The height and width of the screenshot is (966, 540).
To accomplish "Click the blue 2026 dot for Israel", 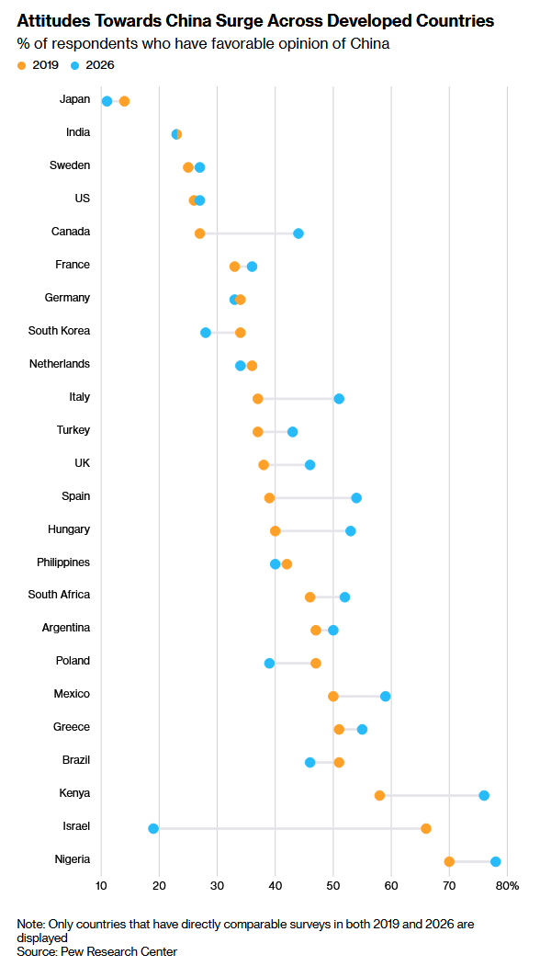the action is pos(153,829).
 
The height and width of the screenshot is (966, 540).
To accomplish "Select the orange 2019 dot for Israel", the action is pos(426,829).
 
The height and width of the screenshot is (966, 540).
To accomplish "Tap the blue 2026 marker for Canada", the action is pos(298,233).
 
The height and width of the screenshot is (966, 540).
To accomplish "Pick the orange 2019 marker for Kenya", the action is pos(380,795).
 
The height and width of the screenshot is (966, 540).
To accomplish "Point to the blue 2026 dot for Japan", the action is pos(107,101).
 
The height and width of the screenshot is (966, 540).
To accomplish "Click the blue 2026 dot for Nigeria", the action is pos(496,862).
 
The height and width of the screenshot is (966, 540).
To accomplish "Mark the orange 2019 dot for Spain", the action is pos(270,498).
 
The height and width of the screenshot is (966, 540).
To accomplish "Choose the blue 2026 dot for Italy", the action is pos(339,399).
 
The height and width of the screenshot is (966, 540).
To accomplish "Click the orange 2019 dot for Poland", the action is pos(316,664).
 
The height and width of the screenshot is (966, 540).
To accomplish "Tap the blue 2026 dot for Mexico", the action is pos(386,696).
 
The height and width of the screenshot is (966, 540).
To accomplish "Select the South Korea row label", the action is pos(59,331).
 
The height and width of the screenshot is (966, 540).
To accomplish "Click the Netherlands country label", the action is pos(60,363).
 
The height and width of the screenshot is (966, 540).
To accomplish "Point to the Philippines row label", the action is pos(63,562).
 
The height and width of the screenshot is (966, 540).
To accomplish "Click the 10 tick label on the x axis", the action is pos(102,886).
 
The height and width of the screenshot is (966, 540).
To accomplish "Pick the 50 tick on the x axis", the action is pos(333,886).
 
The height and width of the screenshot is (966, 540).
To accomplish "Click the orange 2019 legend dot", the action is pos(22,65).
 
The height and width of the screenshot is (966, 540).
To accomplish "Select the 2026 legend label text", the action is pos(100,65).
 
